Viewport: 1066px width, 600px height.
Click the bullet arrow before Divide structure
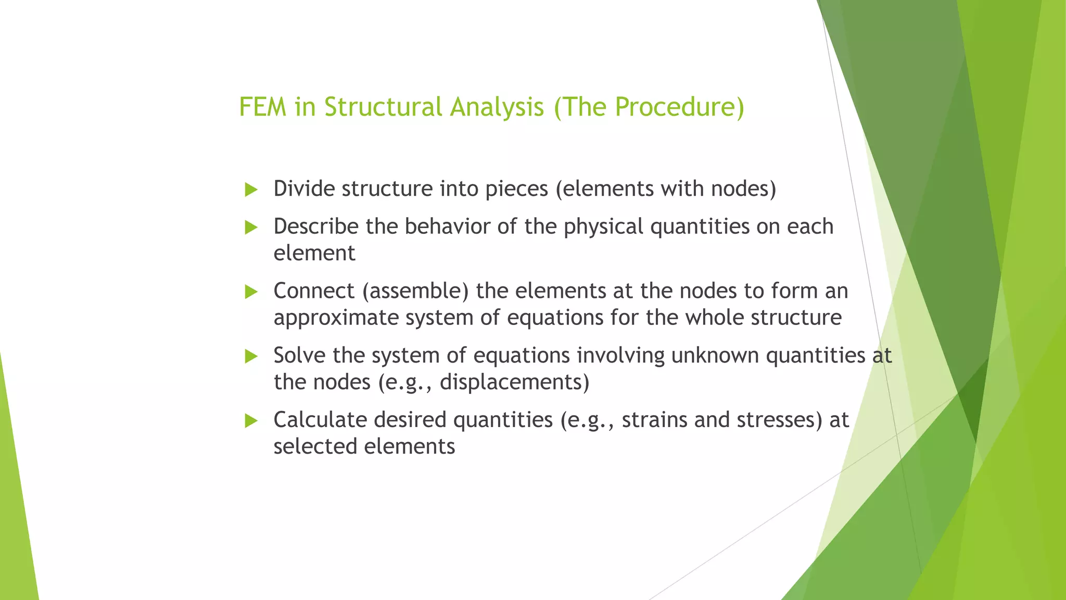251,190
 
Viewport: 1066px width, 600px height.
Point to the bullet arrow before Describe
251,228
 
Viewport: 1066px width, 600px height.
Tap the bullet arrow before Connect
251,292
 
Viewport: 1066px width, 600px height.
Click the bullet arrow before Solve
251,357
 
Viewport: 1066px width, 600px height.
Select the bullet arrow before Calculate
251,421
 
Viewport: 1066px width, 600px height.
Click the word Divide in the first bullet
304,189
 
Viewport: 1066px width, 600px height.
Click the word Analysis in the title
497,107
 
